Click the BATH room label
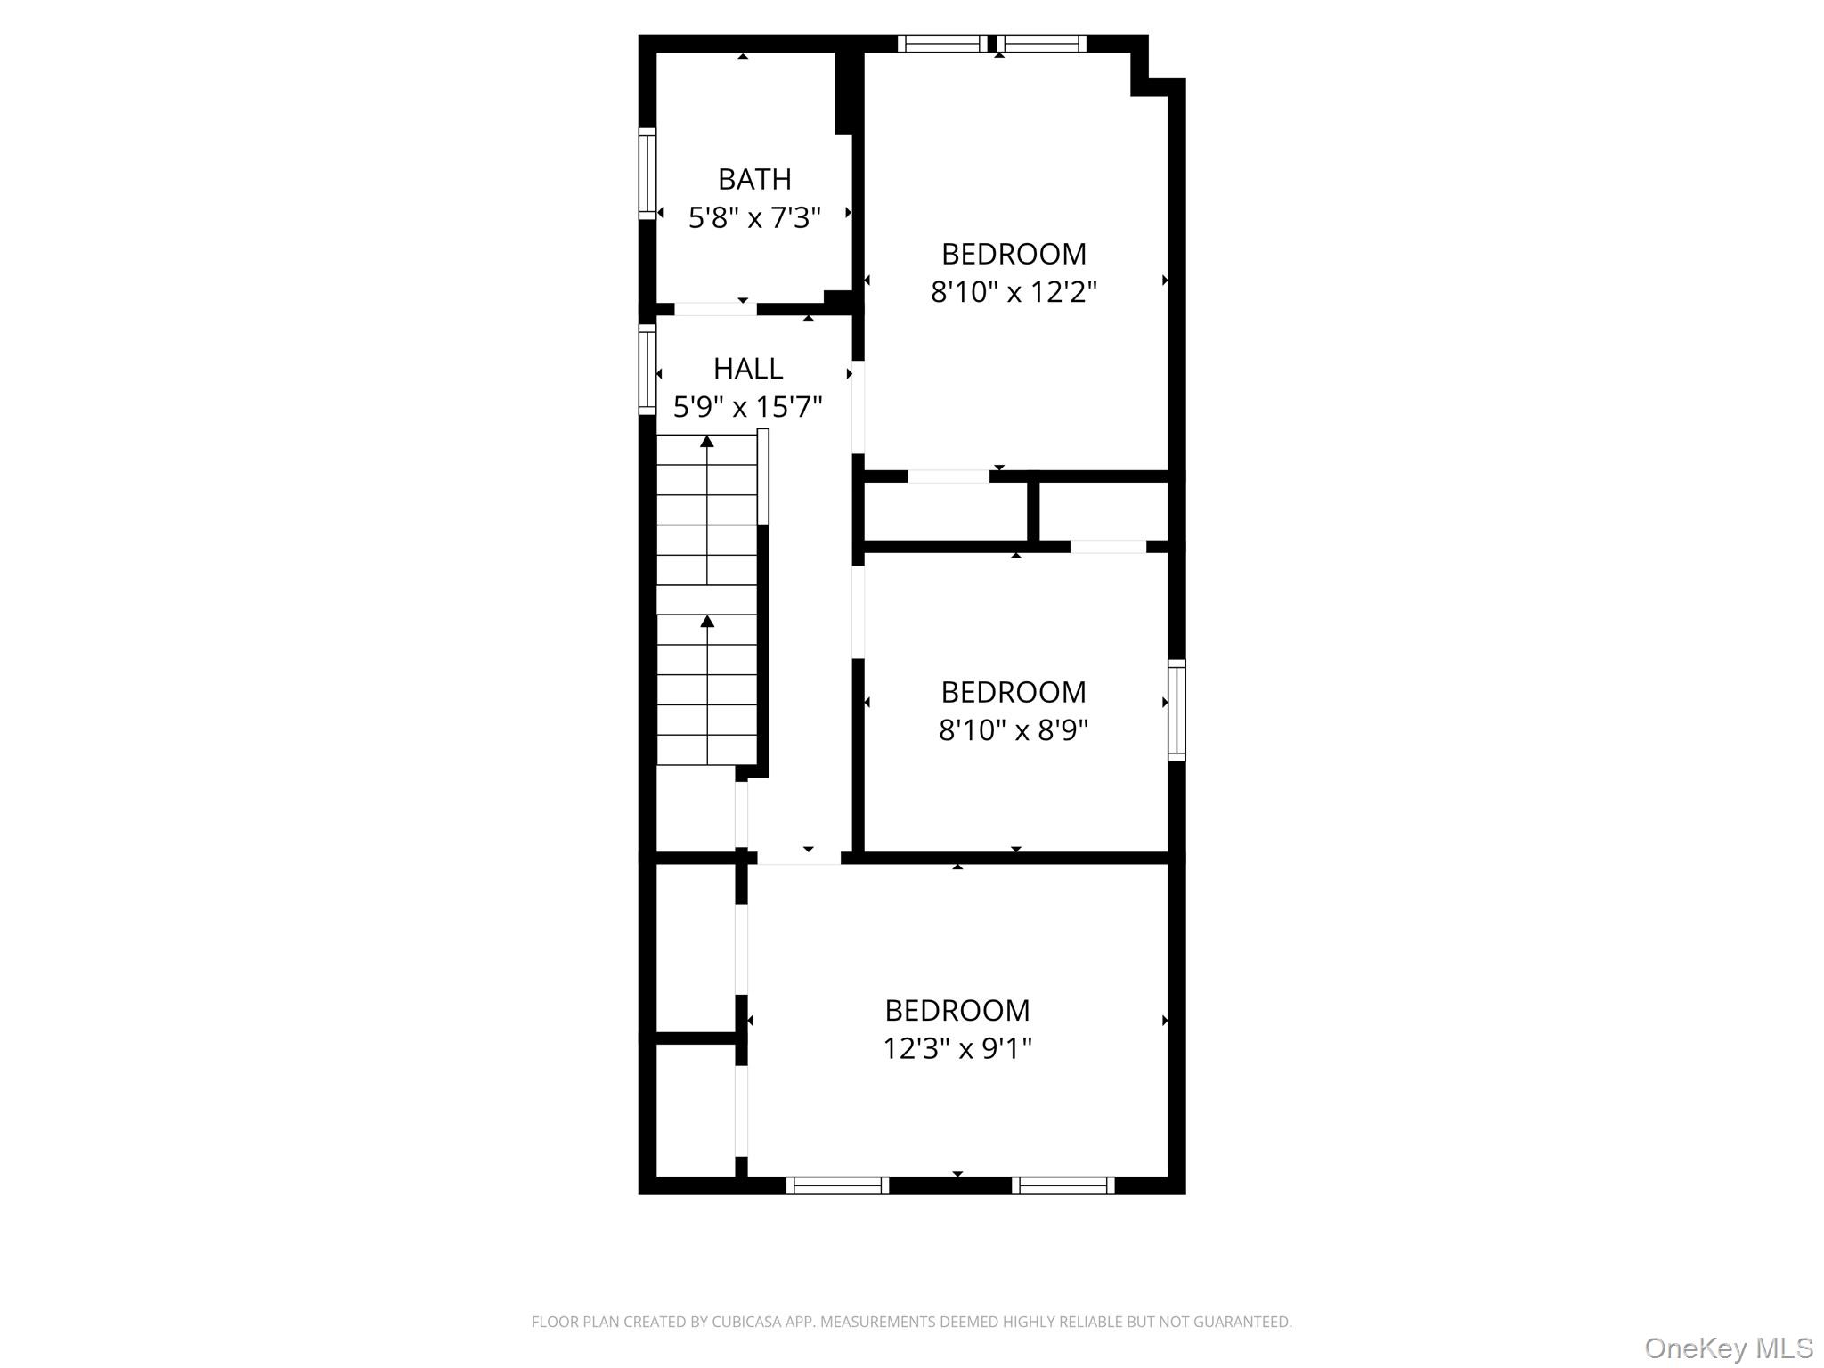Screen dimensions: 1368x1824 (x=754, y=180)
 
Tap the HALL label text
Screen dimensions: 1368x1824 (x=747, y=369)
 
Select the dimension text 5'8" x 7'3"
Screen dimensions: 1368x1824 (x=754, y=218)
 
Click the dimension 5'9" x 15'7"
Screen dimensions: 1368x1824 (x=747, y=408)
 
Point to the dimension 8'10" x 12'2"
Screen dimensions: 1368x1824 (x=1014, y=292)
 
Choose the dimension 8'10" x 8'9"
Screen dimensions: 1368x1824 (x=1014, y=731)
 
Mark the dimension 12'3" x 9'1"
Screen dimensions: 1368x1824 (x=957, y=1049)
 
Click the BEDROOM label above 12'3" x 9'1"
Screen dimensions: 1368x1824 (x=957, y=1011)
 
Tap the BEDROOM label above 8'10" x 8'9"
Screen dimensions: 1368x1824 (x=1014, y=692)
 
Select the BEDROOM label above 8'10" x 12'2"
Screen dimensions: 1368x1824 (x=1014, y=255)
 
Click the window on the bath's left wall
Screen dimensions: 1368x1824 (x=647, y=174)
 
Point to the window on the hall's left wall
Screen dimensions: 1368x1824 (x=647, y=370)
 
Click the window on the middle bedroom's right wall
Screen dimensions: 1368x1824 (x=1177, y=710)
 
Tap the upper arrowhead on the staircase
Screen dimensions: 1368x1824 (x=707, y=441)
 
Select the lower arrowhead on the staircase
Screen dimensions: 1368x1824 (x=707, y=621)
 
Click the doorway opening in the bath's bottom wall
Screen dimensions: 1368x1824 (x=715, y=309)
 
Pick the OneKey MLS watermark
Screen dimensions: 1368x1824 (x=1728, y=1348)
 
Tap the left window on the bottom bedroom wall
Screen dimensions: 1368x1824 (x=837, y=1185)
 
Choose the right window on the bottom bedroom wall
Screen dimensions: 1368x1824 (x=1063, y=1185)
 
